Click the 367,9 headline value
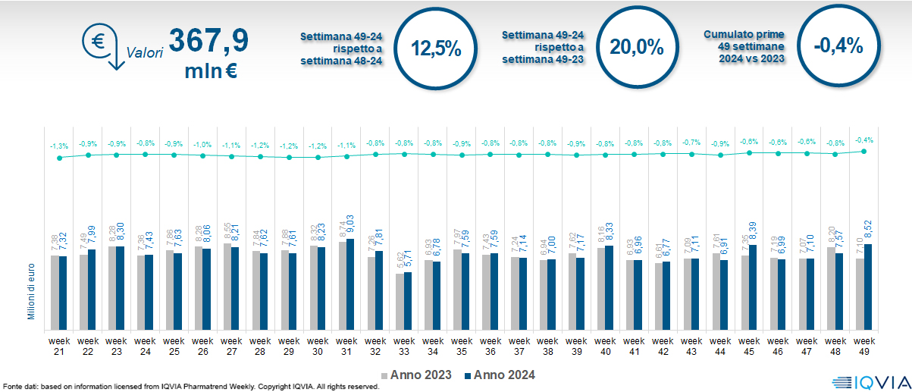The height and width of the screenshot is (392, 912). (208, 41)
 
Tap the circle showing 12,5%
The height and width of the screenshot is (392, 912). (436, 48)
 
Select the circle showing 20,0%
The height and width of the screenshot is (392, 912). (637, 47)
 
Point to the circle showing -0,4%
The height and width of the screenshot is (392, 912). (838, 46)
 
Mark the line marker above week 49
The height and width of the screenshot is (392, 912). (863, 151)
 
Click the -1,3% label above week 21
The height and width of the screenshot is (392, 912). (59, 146)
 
